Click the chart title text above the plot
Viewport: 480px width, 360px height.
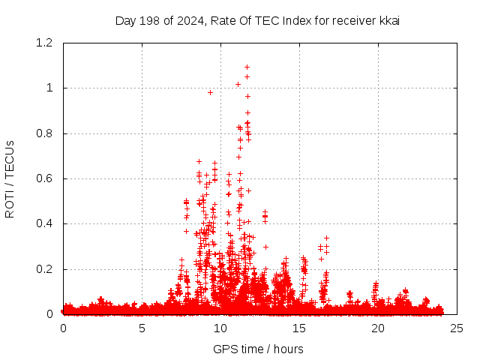257,20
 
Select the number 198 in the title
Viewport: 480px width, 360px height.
148,20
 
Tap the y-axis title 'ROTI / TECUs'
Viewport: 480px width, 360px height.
10,178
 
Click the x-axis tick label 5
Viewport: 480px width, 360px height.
142,328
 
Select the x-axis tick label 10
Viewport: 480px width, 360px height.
220,328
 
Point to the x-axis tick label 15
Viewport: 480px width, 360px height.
299,328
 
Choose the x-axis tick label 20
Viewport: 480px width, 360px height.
378,328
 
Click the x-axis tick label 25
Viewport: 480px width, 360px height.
457,328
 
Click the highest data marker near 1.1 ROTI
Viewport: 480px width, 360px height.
247,67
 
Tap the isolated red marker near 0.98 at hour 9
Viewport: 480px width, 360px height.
211,92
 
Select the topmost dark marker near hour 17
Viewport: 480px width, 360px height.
326,238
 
